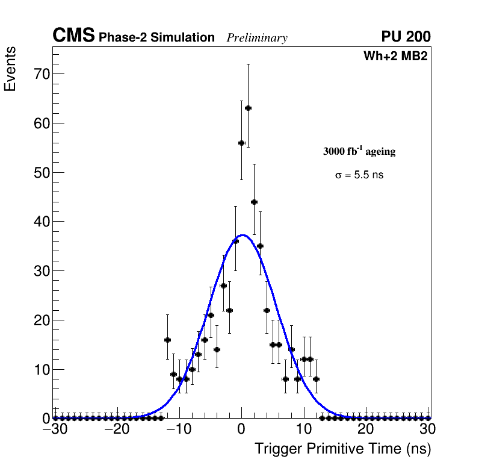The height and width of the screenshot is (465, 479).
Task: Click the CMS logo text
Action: point(73,36)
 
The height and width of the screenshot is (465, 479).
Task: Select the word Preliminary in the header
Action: point(257,38)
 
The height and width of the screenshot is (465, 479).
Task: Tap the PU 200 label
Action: point(406,37)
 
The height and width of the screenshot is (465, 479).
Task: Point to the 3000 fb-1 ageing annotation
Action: point(359,151)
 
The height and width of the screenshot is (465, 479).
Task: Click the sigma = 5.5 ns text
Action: point(359,175)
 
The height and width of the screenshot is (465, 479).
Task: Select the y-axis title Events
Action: point(10,70)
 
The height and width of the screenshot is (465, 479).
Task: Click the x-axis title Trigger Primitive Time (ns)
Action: point(342,449)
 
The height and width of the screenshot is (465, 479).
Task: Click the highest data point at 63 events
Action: point(248,108)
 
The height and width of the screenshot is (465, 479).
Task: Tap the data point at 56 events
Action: point(241,143)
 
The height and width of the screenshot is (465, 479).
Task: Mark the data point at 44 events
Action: point(254,202)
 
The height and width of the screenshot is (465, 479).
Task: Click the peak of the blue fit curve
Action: point(242,235)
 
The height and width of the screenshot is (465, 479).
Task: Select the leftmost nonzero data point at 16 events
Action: point(167,340)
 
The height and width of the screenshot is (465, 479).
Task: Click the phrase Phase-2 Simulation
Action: point(156,38)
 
